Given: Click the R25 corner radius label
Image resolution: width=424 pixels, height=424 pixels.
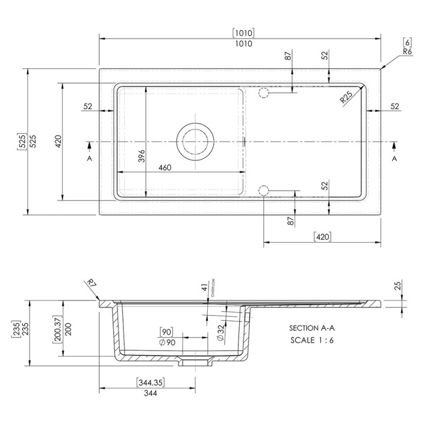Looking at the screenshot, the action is point(346,97).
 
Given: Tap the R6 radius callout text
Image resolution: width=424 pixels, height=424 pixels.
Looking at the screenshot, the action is point(408,51).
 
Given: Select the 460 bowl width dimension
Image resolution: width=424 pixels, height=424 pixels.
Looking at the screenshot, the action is point(165,168).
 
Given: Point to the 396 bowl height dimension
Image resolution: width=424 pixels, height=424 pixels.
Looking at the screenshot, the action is point(141,156).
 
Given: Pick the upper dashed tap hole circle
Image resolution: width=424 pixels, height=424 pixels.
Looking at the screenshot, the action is point(264,93).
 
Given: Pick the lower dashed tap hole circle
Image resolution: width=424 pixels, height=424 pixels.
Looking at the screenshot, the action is point(264,191).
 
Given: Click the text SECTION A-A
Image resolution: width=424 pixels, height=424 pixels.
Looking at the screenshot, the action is point(312,328).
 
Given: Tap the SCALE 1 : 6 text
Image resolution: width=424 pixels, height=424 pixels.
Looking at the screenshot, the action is point(312,340).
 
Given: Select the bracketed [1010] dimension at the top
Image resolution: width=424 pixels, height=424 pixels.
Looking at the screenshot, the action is point(243,33).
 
